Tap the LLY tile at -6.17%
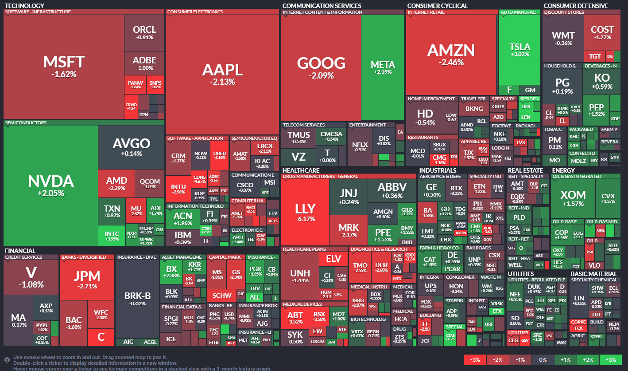(305, 212)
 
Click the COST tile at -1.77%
(602, 32)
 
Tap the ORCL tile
(144, 32)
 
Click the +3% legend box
(611, 360)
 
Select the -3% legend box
(475, 360)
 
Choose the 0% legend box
(543, 360)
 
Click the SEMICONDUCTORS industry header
(25, 122)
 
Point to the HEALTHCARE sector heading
(300, 170)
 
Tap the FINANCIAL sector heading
(20, 251)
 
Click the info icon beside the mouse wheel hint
(7, 360)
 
